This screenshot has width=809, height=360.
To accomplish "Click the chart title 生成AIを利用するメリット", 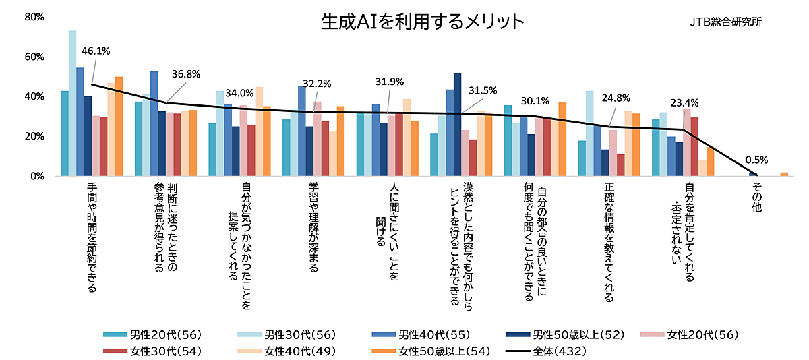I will click(x=422, y=22).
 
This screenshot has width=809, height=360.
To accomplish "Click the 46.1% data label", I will click(x=96, y=51).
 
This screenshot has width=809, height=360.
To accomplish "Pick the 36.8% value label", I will click(x=186, y=74).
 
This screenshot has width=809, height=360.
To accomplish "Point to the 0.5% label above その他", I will click(x=757, y=160).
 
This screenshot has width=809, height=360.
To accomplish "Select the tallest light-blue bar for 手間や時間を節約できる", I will click(x=72, y=103).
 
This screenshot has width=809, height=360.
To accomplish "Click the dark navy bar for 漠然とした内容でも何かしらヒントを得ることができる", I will click(x=457, y=125).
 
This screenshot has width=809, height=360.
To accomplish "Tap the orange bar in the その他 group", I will click(x=784, y=175).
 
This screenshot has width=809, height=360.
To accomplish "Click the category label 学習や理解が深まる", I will click(x=313, y=227).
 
